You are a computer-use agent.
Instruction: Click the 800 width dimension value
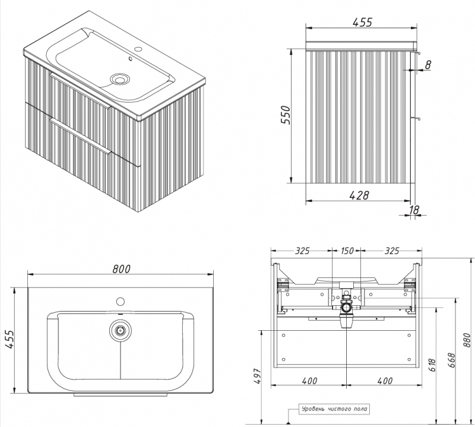(122, 268)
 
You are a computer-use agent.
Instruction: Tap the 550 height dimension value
(286, 115)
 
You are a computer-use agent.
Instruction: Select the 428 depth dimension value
(360, 195)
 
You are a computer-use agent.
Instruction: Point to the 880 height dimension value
(467, 340)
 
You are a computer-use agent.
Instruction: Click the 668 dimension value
(452, 360)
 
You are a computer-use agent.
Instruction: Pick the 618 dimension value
(432, 365)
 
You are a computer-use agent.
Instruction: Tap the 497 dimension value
(257, 376)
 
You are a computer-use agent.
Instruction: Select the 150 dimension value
(347, 251)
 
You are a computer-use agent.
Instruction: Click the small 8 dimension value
(428, 65)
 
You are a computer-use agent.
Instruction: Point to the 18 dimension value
(414, 210)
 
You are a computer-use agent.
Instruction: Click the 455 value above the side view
(362, 22)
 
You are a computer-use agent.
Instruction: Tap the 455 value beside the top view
(9, 340)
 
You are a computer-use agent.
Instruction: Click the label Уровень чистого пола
(334, 409)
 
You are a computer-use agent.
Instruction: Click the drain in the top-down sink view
(121, 330)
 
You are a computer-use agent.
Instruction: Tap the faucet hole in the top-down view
(121, 302)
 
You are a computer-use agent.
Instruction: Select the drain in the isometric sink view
(121, 79)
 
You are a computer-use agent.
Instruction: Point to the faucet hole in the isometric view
(139, 48)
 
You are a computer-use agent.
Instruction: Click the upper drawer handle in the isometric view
(80, 90)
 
